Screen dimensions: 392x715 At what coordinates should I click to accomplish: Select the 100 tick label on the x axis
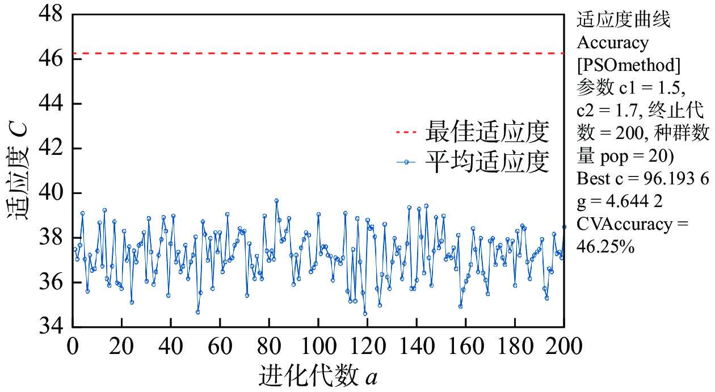click(318, 346)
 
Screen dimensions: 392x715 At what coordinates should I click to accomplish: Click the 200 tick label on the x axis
click(563, 346)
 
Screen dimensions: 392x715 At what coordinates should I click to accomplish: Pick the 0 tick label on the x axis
click(73, 346)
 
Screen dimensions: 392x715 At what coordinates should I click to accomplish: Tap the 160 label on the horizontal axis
click(465, 346)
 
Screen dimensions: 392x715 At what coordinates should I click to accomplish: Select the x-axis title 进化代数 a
click(318, 375)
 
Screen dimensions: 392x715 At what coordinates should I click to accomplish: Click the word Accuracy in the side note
click(612, 43)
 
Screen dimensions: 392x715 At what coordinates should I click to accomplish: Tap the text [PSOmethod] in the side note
click(628, 65)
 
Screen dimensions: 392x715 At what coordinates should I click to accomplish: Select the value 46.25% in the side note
click(605, 247)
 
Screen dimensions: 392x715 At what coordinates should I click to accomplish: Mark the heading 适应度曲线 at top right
click(624, 20)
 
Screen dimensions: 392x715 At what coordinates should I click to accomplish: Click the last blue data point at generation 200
click(564, 227)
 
